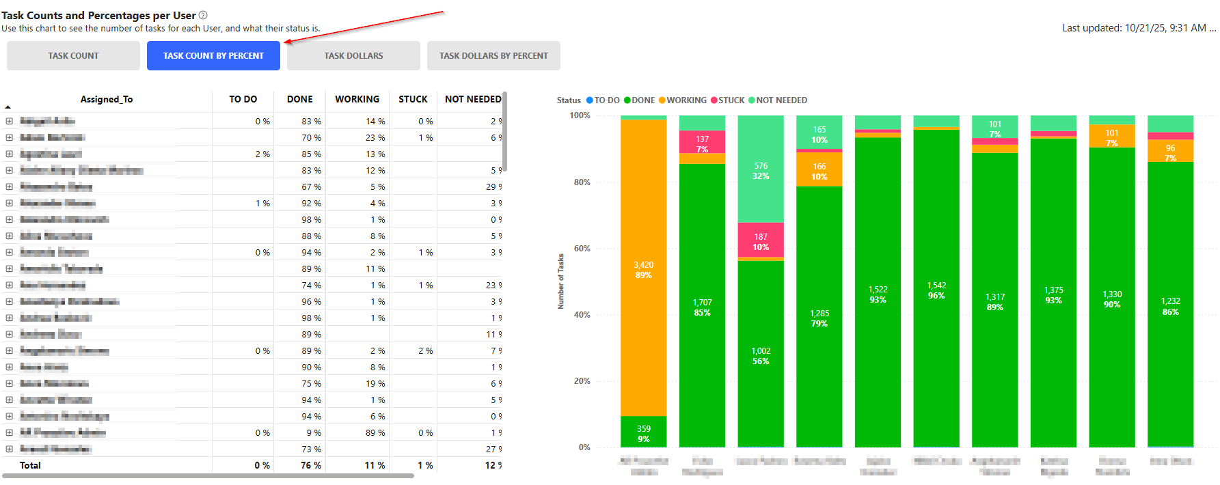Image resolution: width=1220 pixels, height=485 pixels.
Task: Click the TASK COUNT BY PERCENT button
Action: click(213, 56)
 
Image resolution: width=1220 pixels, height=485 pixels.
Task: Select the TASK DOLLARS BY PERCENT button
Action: click(493, 56)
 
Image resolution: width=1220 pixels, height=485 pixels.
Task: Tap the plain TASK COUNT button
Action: click(73, 56)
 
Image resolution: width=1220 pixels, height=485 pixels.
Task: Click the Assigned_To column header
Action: click(107, 100)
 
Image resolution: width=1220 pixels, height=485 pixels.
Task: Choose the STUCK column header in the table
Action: click(413, 100)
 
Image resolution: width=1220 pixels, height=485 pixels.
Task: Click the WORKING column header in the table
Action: click(357, 100)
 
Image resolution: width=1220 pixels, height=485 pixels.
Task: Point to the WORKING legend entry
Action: click(683, 100)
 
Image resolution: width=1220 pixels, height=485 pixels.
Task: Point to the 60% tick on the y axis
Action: click(582, 249)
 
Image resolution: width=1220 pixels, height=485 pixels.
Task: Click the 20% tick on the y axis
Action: click(582, 381)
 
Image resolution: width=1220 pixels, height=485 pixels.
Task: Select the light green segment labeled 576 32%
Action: click(761, 171)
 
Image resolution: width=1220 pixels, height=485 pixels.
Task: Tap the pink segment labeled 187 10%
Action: click(761, 241)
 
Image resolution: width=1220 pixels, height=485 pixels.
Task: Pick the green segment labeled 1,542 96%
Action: click(936, 290)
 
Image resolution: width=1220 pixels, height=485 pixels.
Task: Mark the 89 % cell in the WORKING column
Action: click(375, 432)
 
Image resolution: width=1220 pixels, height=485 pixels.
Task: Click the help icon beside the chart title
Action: click(203, 15)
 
